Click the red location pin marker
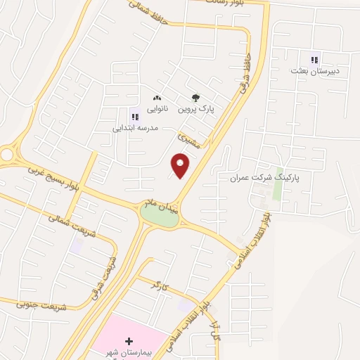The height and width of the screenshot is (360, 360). [181, 165]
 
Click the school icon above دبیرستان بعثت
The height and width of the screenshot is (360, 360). [314, 60]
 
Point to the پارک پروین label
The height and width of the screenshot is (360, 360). [195, 110]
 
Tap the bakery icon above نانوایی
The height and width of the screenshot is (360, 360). [156, 99]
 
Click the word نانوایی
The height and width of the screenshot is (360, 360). [156, 110]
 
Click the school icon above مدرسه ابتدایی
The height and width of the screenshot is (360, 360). [134, 117]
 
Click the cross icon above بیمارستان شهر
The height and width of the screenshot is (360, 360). [129, 340]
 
